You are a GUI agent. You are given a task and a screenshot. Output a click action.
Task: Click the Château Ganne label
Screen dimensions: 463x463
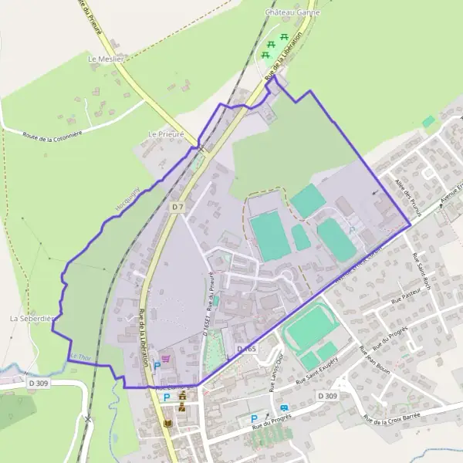click(292, 12)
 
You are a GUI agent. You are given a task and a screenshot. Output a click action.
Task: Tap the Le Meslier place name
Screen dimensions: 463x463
click(106, 59)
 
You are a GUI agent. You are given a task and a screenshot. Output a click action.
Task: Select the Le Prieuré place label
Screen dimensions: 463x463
click(166, 133)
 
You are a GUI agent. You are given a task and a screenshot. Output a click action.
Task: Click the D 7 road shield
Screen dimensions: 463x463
click(178, 207)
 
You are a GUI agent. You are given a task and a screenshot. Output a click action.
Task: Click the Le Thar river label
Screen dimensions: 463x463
click(79, 357)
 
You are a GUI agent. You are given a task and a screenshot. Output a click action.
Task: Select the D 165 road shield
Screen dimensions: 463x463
click(246, 350)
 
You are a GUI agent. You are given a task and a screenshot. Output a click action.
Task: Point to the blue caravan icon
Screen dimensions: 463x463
click(285, 408)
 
